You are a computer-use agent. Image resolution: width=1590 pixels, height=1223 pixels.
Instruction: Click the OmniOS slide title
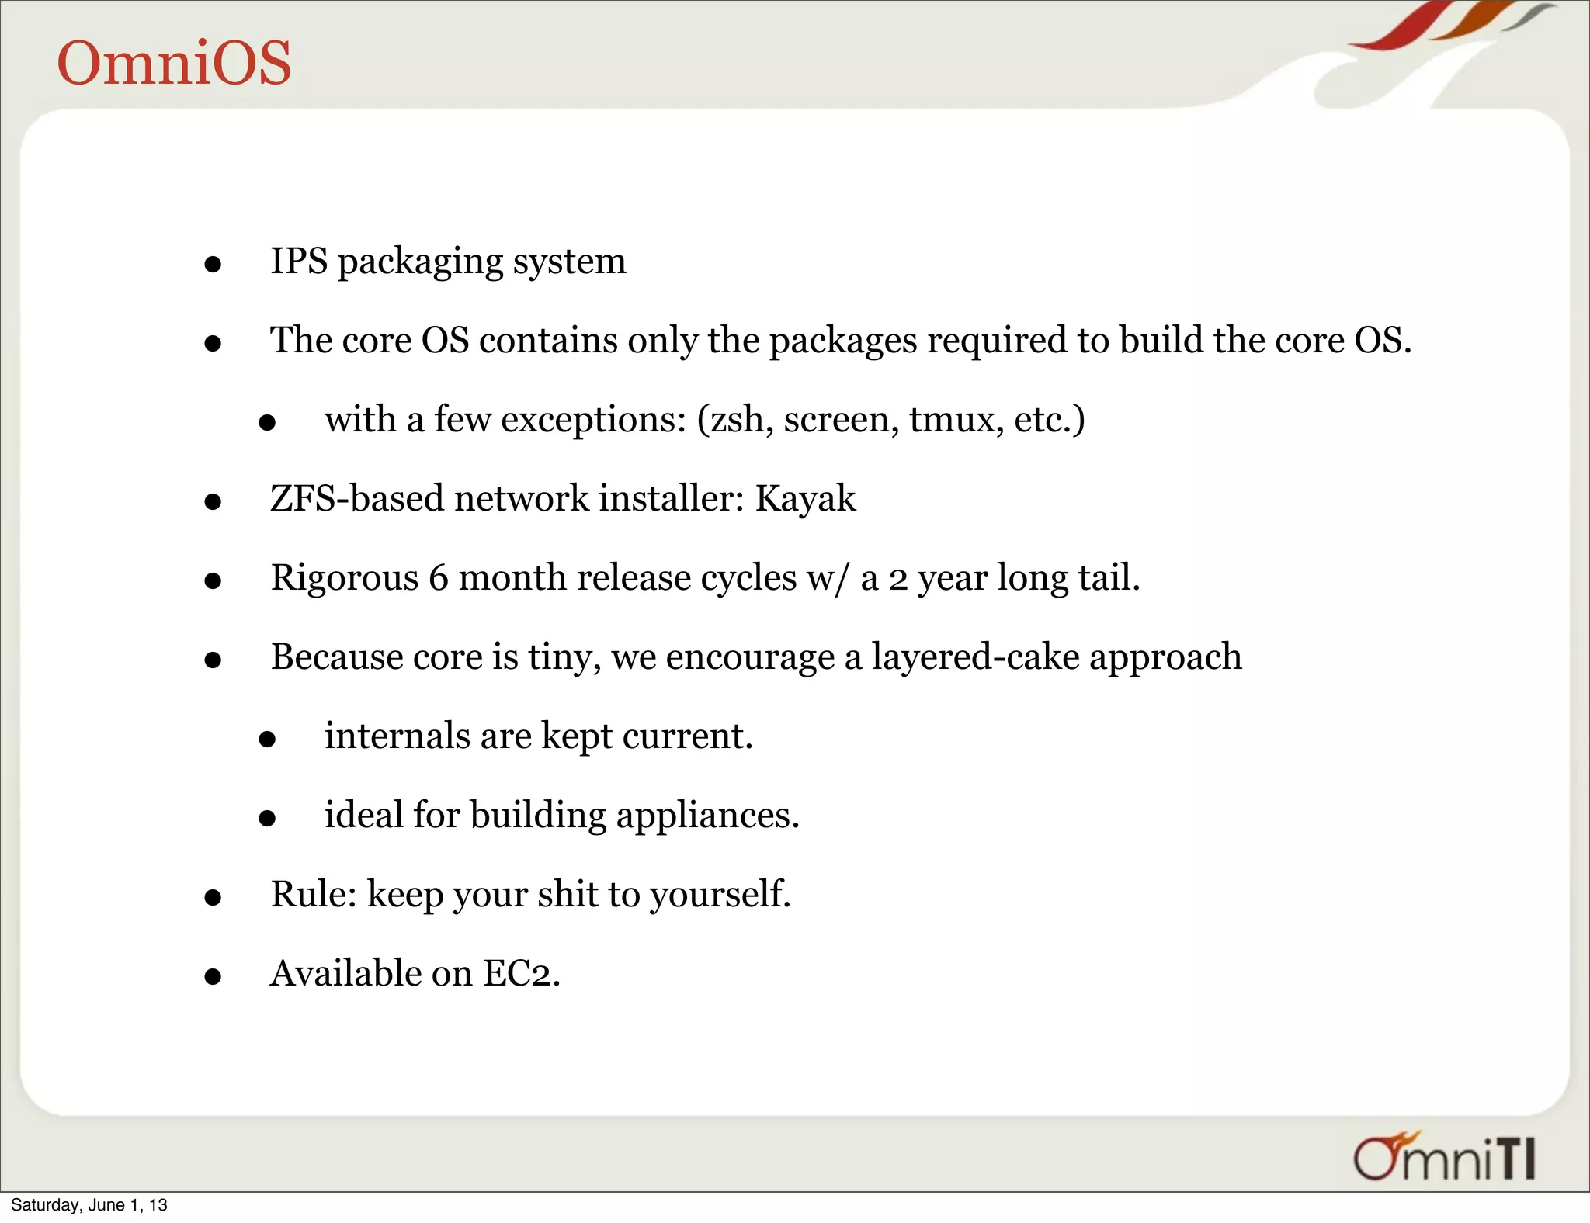point(174,63)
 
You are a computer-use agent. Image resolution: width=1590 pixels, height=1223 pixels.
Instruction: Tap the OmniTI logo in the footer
point(1444,1158)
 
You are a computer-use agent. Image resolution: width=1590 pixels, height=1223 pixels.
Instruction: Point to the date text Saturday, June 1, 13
point(89,1205)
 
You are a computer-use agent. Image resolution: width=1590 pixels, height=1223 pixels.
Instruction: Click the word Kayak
point(805,498)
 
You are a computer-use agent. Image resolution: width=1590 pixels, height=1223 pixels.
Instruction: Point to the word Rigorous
point(344,578)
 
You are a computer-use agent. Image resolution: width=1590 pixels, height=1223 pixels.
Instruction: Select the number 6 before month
point(439,578)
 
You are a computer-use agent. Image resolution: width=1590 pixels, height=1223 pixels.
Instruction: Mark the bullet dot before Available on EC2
point(213,976)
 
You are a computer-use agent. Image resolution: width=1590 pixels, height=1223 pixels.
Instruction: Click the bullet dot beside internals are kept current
point(267,740)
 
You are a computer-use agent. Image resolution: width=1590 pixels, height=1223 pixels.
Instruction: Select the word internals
point(397,736)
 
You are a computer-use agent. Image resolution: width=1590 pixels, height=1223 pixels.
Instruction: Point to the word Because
point(337,657)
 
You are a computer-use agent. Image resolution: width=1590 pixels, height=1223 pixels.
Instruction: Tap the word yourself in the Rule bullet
point(720,895)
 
